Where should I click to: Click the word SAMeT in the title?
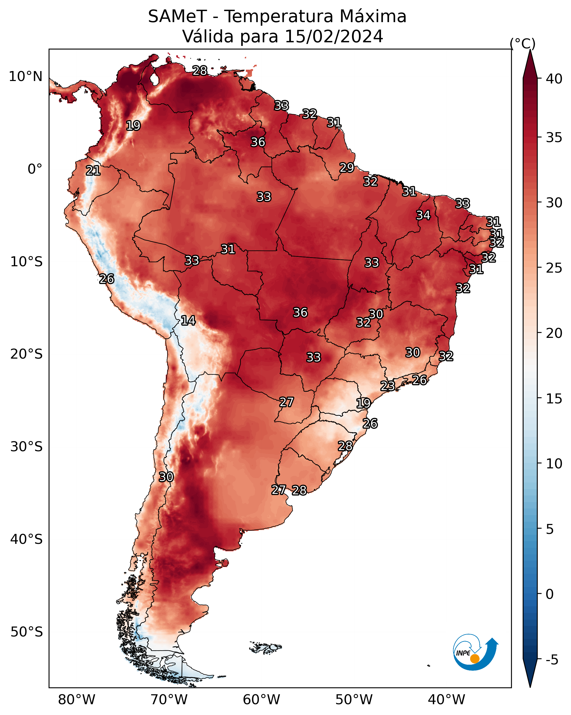(x=177, y=16)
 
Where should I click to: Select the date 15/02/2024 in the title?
(x=334, y=36)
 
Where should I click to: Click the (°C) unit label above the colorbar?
(x=522, y=43)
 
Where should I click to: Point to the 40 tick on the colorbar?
(x=554, y=79)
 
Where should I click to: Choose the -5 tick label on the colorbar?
(x=552, y=660)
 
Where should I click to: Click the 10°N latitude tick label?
(x=25, y=77)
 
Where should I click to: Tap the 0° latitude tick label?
(x=35, y=169)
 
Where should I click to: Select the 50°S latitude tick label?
(x=27, y=632)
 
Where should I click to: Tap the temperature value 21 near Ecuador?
(x=93, y=171)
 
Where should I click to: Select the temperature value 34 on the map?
(x=423, y=215)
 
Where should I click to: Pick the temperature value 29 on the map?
(x=347, y=168)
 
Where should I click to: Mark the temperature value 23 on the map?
(x=387, y=386)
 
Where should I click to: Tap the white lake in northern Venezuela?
(x=154, y=79)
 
